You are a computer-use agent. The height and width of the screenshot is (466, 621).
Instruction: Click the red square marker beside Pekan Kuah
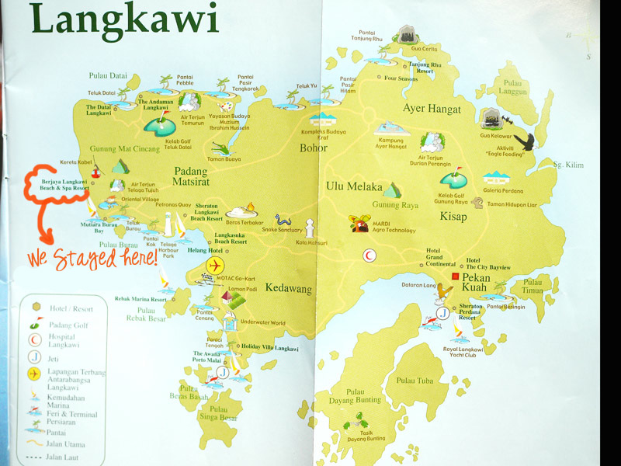click(x=456, y=276)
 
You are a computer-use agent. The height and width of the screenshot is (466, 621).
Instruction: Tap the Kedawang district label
click(x=288, y=289)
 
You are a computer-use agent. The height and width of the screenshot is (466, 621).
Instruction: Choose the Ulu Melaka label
click(x=355, y=187)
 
